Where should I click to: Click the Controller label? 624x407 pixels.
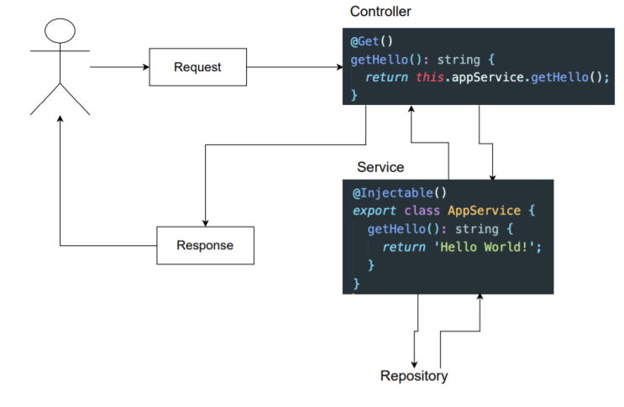380,12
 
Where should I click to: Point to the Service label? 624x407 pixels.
380,167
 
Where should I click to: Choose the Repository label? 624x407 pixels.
414,376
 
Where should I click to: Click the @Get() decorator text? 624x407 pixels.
372,41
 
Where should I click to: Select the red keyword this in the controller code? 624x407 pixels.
430,76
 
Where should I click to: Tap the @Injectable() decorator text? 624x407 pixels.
400,193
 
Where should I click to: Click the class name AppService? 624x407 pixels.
485,211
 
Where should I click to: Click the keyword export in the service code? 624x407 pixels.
375,211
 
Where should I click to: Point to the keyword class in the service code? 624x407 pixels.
422,211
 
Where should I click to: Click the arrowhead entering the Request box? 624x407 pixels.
146,67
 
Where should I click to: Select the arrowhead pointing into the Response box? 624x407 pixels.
206,223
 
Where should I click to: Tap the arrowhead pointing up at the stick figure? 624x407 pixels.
60,119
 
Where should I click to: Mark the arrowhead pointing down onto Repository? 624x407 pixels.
414,365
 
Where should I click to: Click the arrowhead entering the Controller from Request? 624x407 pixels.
339,67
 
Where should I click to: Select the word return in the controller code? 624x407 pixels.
386,77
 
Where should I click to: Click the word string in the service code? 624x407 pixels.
477,229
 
